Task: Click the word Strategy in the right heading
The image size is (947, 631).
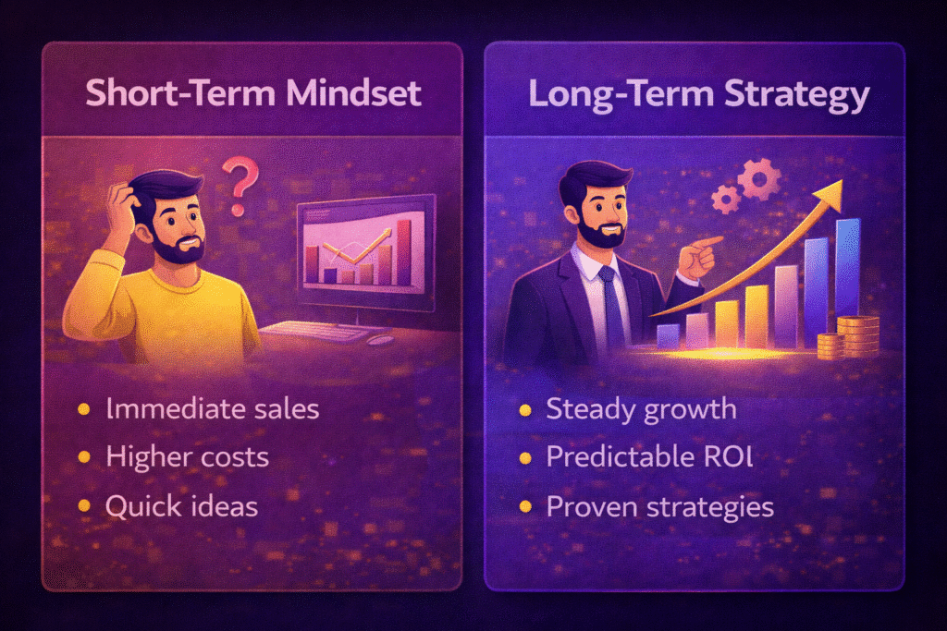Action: coord(793,94)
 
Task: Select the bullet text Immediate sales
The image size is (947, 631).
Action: coord(212,408)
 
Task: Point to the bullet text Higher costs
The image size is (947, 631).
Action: coord(188,456)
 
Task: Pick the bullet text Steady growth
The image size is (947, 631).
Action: coord(641,408)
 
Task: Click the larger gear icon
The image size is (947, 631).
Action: coord(760,179)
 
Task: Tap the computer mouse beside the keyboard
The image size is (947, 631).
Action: coord(380,339)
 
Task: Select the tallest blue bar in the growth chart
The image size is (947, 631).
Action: coord(847,268)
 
